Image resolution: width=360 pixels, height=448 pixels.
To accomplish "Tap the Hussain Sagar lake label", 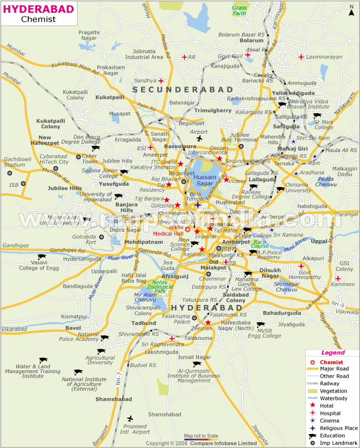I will [205, 180].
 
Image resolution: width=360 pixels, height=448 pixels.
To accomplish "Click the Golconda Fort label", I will [84, 239].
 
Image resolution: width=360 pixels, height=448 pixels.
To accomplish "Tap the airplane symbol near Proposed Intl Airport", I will [130, 419].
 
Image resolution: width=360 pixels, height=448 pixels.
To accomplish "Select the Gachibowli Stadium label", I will [14, 161].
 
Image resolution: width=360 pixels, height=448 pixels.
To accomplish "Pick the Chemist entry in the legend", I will [331, 362].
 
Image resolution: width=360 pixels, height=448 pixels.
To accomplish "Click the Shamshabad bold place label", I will [113, 399].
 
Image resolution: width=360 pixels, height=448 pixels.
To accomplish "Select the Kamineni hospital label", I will [343, 284].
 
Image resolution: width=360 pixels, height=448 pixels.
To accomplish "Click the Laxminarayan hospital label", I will [321, 57].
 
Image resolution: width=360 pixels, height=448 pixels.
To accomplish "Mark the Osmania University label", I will [299, 187].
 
